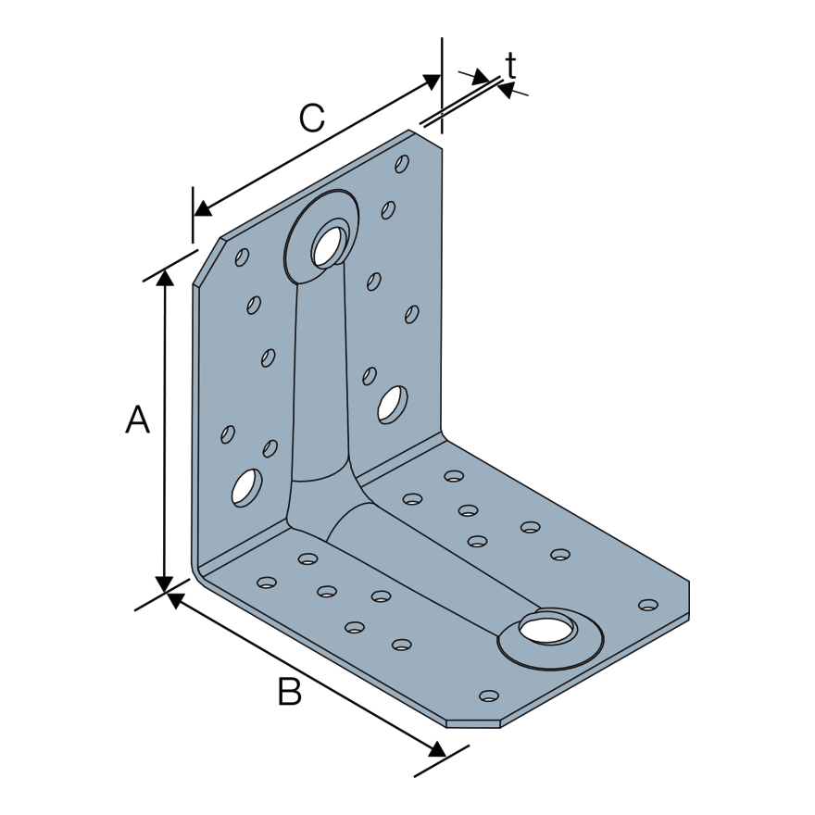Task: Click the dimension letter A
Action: coord(137,420)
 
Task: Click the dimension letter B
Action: coord(290,692)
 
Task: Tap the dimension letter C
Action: coord(312,118)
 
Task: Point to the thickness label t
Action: coord(510,65)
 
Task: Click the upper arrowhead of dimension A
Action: coord(165,277)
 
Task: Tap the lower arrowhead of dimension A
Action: coord(165,583)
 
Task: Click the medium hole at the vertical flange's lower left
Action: coord(245,486)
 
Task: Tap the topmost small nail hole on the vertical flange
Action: coord(402,164)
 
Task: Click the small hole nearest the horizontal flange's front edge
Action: coord(489,696)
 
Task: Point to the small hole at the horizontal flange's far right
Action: coord(648,605)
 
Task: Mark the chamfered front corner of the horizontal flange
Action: coord(472,724)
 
